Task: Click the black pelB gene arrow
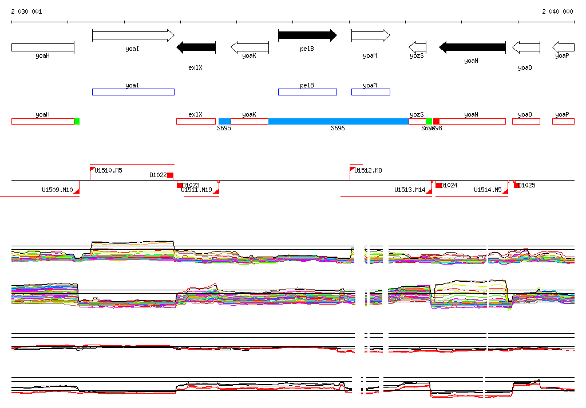tap(307, 35)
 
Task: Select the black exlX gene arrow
tap(196, 47)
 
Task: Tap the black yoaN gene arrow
tap(472, 47)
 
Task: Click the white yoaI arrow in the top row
tap(133, 35)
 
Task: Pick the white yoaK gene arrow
tap(250, 47)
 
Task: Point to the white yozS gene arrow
tap(417, 47)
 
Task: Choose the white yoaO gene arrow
tap(526, 47)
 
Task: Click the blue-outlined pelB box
tap(307, 92)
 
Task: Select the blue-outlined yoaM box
tap(370, 92)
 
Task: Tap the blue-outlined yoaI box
tap(133, 92)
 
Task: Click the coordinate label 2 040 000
tap(557, 11)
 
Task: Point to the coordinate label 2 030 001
tap(26, 11)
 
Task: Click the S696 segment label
tap(338, 129)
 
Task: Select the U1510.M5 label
tap(108, 170)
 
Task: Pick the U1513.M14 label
tap(410, 190)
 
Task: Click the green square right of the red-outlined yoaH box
tap(77, 121)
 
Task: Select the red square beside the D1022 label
tap(170, 175)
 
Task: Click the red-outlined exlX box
tap(196, 121)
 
